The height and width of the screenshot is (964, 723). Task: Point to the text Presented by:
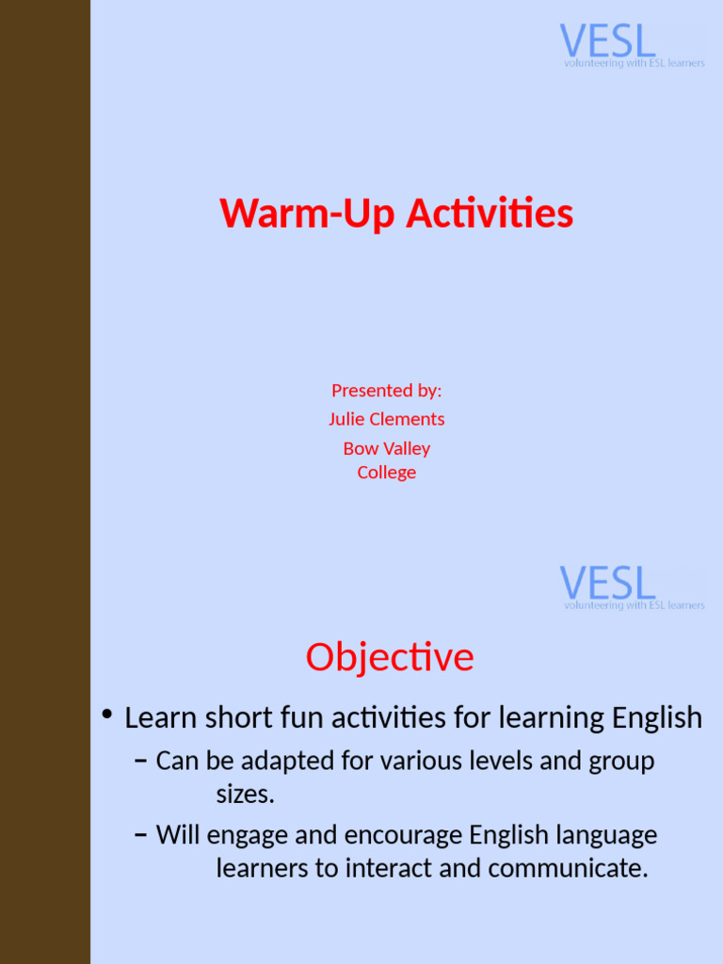[x=386, y=390]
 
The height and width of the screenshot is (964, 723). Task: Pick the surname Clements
[x=406, y=419]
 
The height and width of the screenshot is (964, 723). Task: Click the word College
[x=386, y=473]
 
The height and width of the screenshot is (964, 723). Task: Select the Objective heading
[x=389, y=657]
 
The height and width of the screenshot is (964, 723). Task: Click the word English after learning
[x=657, y=718]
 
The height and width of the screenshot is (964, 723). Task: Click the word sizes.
[x=245, y=795]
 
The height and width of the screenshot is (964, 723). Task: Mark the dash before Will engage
[x=140, y=835]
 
